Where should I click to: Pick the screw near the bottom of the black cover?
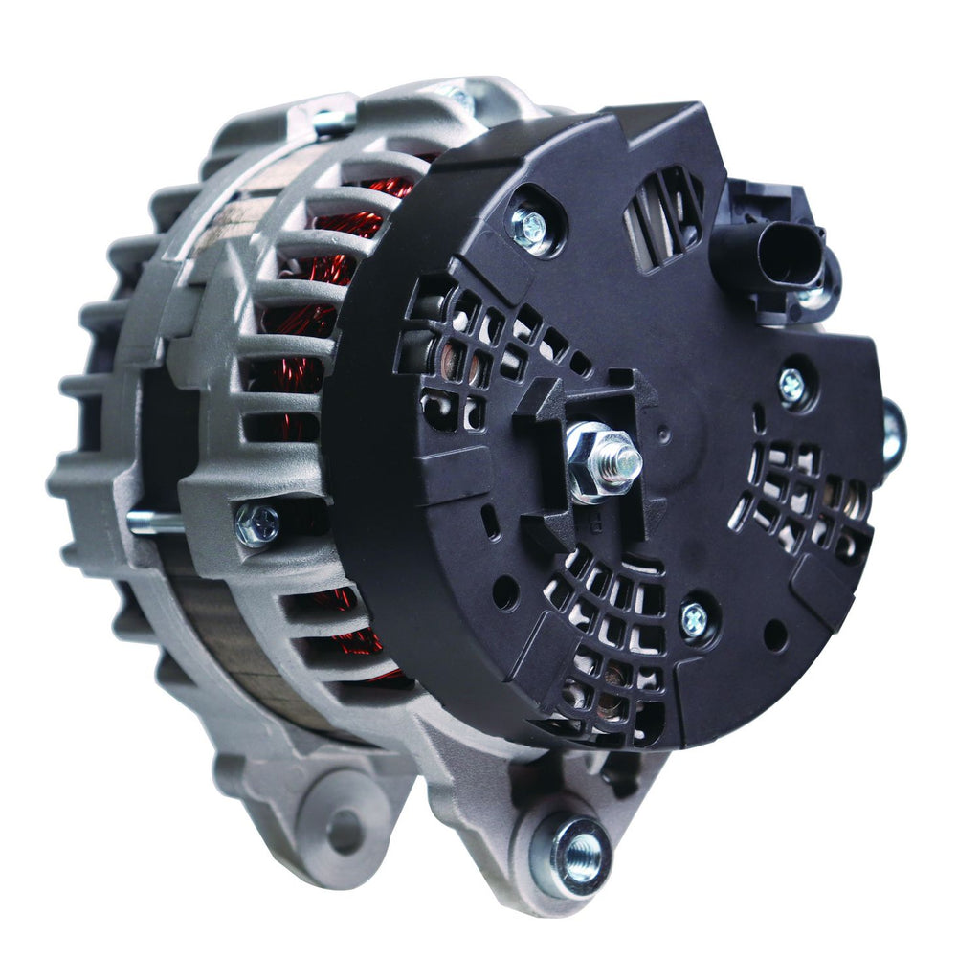coord(695,620)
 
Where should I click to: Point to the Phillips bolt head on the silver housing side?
coord(256,523)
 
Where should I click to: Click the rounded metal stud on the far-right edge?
coord(892,435)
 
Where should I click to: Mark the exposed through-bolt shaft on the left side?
coord(154,522)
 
